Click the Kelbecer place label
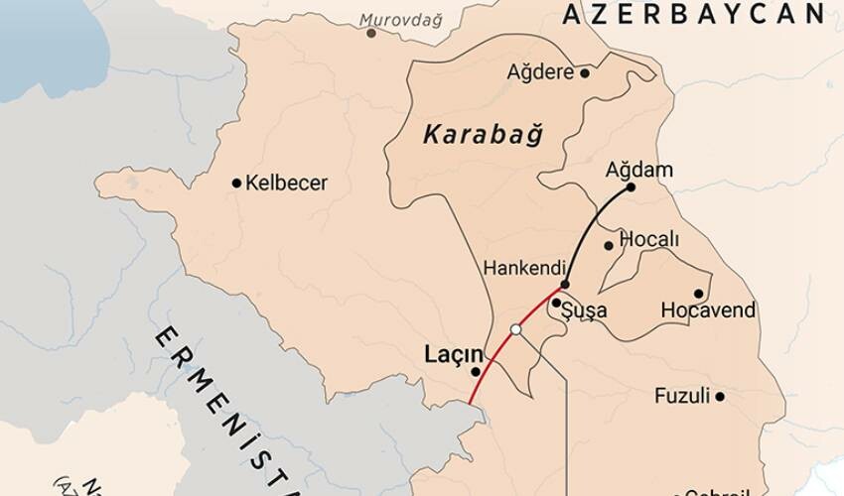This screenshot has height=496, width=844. coord(286,183)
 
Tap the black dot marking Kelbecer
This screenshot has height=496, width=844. coord(236,183)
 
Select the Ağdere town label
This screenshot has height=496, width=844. coord(541,72)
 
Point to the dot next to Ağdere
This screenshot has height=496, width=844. coord(585,72)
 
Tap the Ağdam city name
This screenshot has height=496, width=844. coord(638,170)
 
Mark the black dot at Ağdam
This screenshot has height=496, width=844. coord(631,187)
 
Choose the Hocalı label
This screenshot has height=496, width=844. coord(648,239)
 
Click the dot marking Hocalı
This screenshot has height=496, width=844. coord(609,245)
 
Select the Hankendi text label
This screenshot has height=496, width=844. coord(524,268)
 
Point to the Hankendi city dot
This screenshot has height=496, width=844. coord(564,285)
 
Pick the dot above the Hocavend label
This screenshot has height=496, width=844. coord(698,294)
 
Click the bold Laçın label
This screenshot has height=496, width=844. coord(454,353)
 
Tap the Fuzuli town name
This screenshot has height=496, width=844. coord(682,396)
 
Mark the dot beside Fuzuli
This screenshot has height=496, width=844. coord(720,397)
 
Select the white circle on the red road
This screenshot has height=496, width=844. coord(515,329)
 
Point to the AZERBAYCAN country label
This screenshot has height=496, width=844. coord(693,13)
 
